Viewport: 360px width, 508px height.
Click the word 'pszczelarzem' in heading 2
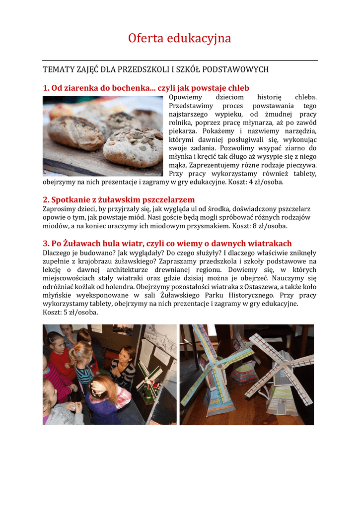[166, 199]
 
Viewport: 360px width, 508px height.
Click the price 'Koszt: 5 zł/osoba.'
[70, 313]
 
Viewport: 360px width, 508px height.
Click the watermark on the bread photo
[152, 174]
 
